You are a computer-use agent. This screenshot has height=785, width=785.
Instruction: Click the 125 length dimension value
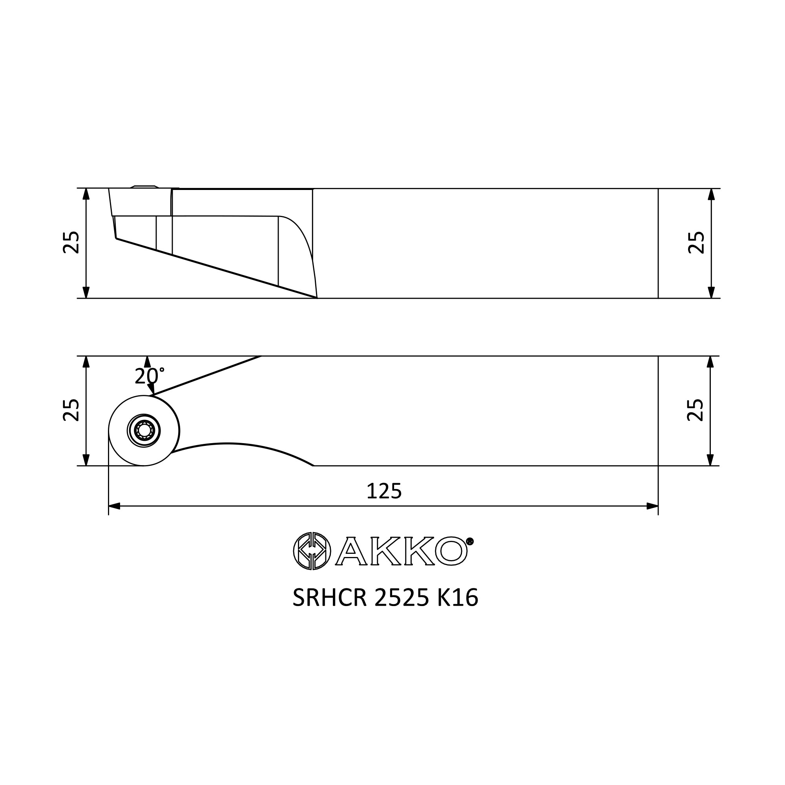pyautogui.click(x=384, y=491)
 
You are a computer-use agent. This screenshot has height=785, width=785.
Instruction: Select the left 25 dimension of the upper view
pyautogui.click(x=71, y=243)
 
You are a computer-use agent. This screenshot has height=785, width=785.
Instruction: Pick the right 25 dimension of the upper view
pyautogui.click(x=696, y=243)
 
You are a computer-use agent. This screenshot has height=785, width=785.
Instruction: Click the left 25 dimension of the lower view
pyautogui.click(x=71, y=410)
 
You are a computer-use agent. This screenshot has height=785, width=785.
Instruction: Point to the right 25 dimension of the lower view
pyautogui.click(x=695, y=410)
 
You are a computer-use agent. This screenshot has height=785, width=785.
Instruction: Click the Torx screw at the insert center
pyautogui.click(x=144, y=430)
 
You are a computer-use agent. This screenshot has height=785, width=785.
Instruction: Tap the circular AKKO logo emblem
pyautogui.click(x=312, y=551)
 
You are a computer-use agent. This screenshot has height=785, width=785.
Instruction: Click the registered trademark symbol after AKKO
pyautogui.click(x=470, y=541)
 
